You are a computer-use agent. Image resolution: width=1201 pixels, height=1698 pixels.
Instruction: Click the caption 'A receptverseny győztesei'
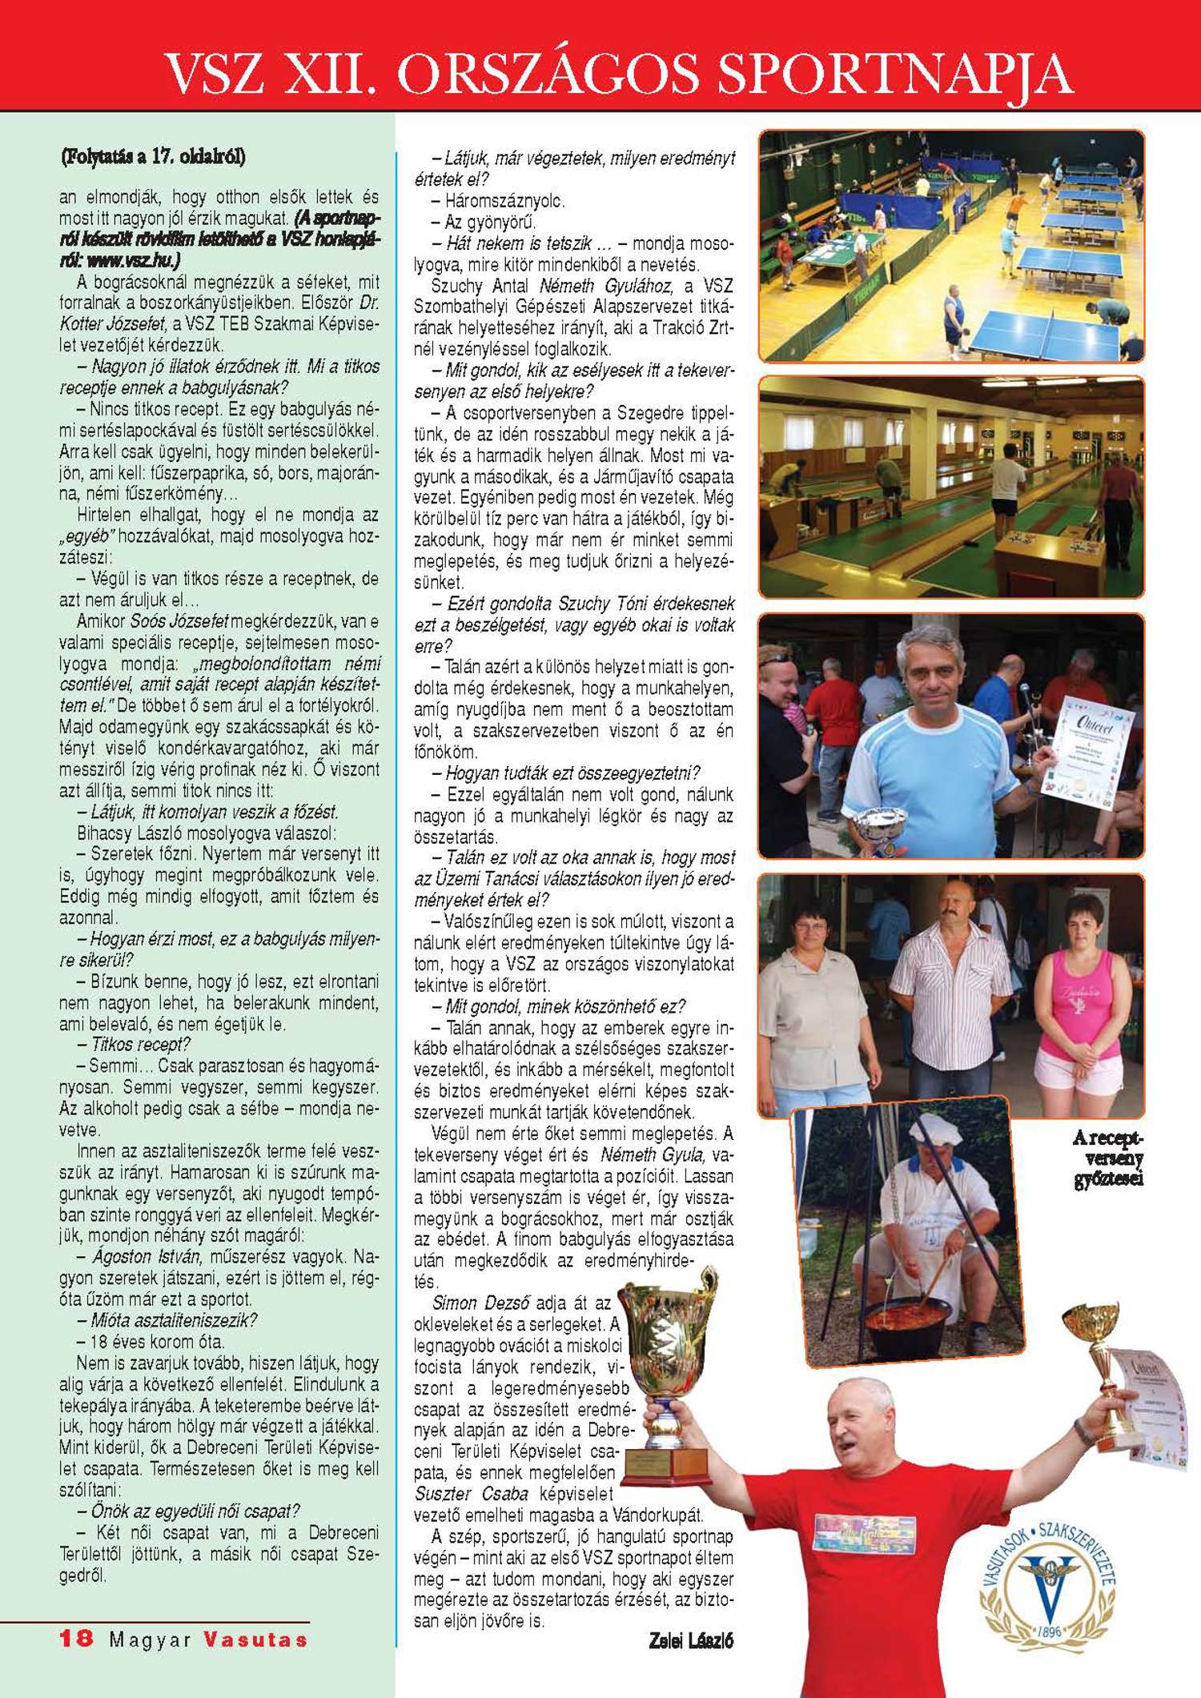[1108, 1158]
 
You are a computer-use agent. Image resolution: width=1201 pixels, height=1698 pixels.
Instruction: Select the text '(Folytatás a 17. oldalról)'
[153, 157]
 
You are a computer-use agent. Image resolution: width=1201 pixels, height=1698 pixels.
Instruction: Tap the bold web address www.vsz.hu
[132, 260]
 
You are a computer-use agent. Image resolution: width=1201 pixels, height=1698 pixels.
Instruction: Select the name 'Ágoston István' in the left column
[146, 1257]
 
